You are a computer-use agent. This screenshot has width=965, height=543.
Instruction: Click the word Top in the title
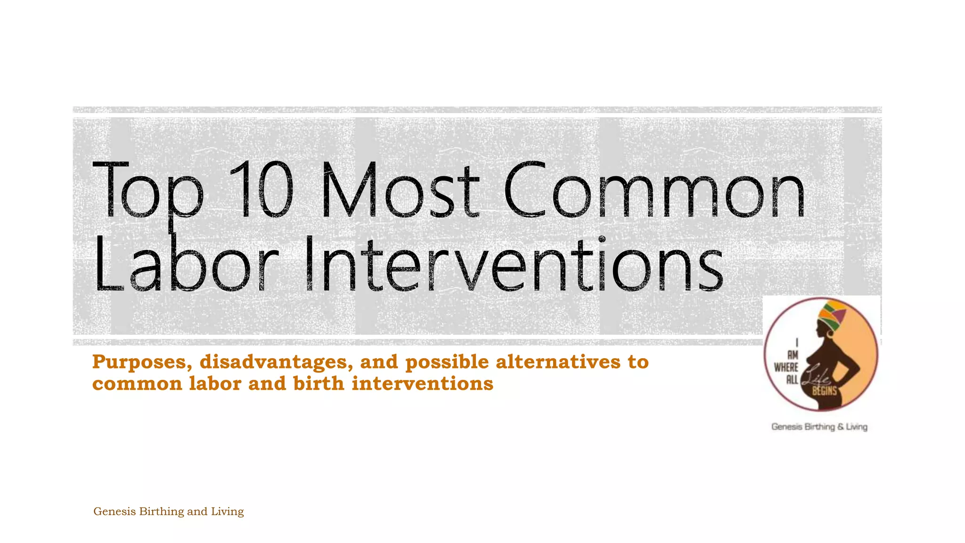(x=148, y=191)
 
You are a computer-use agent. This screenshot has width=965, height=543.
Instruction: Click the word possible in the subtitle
(x=447, y=362)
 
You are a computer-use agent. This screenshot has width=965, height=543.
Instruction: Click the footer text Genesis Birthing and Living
(x=168, y=511)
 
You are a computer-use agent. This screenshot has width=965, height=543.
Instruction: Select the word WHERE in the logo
(x=786, y=367)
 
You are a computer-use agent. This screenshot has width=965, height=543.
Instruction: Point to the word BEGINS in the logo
(x=824, y=390)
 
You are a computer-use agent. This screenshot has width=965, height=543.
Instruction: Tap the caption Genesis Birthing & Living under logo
(x=819, y=427)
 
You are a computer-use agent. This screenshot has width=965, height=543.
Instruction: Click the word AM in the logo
(x=793, y=356)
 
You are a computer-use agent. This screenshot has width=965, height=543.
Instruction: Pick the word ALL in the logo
(x=792, y=378)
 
